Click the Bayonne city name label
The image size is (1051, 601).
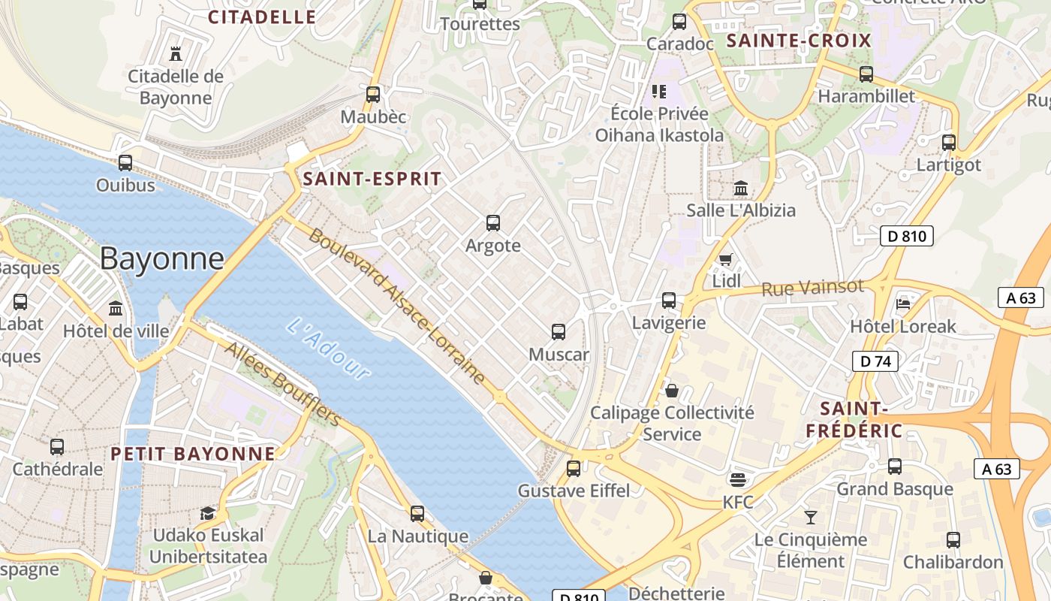click(x=161, y=258)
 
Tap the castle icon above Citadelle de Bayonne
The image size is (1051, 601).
click(x=176, y=53)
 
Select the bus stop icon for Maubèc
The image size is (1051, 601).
click(x=373, y=95)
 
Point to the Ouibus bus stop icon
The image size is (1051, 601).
click(x=125, y=162)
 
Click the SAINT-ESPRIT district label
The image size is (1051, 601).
click(x=372, y=179)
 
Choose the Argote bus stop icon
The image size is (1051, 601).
click(x=493, y=223)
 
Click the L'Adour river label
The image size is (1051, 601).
click(x=329, y=349)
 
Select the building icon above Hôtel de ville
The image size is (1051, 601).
click(x=116, y=308)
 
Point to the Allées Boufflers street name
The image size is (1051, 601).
click(x=283, y=384)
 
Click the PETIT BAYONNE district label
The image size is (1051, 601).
click(x=193, y=454)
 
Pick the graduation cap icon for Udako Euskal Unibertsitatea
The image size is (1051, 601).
click(x=207, y=513)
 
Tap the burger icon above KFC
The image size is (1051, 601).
click(x=738, y=479)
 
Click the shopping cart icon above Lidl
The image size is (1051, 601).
click(x=726, y=259)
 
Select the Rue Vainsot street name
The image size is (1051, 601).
click(x=812, y=288)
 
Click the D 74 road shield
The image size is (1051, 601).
click(x=875, y=361)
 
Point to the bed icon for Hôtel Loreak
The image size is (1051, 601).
click(x=902, y=304)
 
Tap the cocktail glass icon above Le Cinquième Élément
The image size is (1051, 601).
click(x=811, y=517)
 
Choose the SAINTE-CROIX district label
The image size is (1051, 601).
click(x=799, y=41)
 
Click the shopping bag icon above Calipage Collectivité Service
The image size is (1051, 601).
click(x=672, y=391)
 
